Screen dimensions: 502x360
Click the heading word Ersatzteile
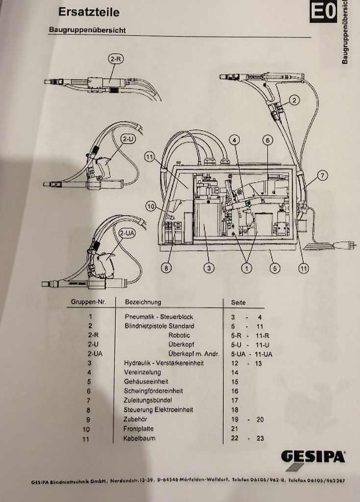tap(88, 12)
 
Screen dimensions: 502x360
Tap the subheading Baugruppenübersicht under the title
tap(87, 30)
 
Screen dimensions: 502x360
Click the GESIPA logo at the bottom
tap(312, 457)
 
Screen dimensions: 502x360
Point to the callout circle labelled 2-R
tap(116, 59)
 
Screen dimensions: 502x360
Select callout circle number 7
tap(322, 175)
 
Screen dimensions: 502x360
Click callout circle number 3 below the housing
tap(209, 268)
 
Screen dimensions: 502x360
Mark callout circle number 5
tap(275, 268)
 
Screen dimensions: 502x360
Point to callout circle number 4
tap(235, 140)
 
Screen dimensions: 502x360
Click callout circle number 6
tap(267, 140)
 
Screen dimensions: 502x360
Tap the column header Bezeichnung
tap(143, 302)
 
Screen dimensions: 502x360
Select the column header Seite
tap(238, 302)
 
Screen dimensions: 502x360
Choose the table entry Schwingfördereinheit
tap(154, 391)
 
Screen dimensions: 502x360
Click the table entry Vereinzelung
tap(142, 372)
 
